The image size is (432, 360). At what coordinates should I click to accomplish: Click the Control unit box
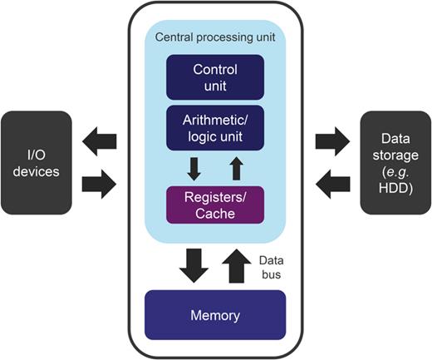(x=216, y=76)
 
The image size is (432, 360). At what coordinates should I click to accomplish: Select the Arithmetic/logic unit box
(x=216, y=126)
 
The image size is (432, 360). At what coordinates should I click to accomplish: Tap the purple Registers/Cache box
(x=216, y=205)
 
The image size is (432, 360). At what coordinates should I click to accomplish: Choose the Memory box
(x=216, y=315)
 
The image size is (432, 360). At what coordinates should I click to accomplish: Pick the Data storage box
(x=393, y=162)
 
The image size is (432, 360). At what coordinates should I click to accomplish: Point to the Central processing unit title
(x=216, y=39)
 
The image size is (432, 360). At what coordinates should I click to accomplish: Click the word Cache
(x=216, y=213)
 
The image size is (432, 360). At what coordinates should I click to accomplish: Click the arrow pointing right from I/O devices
(x=100, y=185)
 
